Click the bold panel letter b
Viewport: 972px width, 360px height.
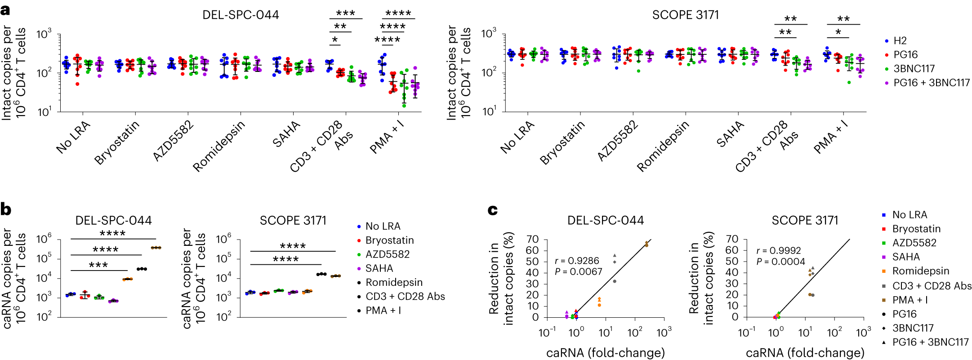(6, 209)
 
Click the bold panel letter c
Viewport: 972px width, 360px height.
(493, 209)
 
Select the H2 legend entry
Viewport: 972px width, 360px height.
(900, 41)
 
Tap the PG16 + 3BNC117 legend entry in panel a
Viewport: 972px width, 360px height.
(931, 83)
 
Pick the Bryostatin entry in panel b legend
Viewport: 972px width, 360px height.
(389, 240)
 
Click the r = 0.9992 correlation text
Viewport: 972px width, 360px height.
(778, 251)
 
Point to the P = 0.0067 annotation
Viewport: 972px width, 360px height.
(578, 271)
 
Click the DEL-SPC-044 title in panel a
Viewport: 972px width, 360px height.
(241, 15)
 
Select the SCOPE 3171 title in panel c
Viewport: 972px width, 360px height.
(805, 221)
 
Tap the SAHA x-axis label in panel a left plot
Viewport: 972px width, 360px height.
(286, 134)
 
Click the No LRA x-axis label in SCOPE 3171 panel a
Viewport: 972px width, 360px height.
(517, 137)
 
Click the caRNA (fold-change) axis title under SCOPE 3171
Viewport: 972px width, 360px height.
(805, 353)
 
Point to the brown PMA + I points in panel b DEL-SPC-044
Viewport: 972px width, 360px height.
(156, 248)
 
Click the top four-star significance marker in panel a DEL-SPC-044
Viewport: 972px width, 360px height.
(398, 13)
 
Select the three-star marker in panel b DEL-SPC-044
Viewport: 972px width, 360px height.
(98, 265)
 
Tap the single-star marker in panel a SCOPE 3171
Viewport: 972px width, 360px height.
(838, 33)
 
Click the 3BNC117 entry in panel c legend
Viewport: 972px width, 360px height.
(913, 328)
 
